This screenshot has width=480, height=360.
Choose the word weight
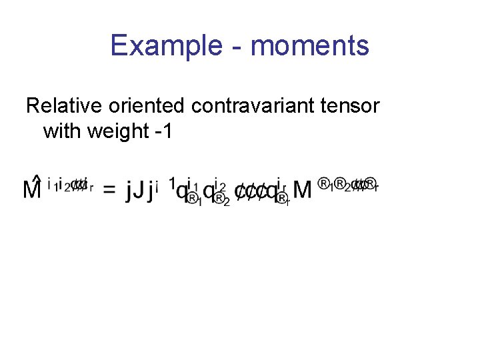tap(120, 131)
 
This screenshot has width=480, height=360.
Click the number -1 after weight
tap(163, 131)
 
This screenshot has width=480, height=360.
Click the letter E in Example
tap(118, 46)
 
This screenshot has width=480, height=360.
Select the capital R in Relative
tap(31, 106)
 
